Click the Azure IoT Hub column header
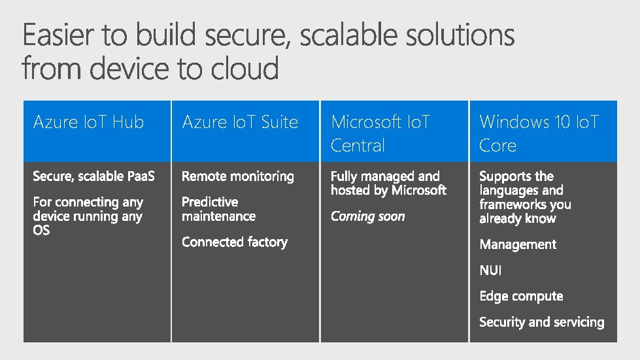coord(88,122)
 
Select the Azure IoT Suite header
coord(240,122)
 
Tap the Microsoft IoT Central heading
coord(380,133)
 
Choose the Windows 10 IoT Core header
coord(539,133)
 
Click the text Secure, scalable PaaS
coord(94,176)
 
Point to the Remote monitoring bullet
coord(238,176)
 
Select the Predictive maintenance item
coord(218,209)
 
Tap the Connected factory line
coord(235,242)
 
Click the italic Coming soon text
coord(367,216)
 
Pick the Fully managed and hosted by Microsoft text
coord(388,184)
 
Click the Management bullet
coord(518,244)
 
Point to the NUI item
coord(490,270)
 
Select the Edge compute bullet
coord(521,296)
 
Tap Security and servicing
coord(541,322)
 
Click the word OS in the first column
coord(41,231)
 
